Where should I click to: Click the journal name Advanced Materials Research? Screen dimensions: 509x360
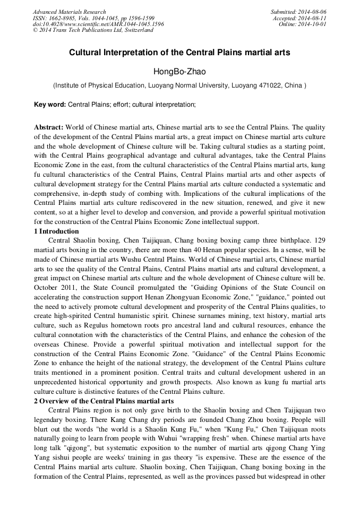click(x=69, y=12)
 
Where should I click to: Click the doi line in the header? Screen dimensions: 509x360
click(x=98, y=24)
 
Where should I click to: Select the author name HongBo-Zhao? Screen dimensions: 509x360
click(x=179, y=71)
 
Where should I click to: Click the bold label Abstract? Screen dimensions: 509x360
click(x=48, y=128)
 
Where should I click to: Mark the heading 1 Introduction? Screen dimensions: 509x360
click(x=56, y=231)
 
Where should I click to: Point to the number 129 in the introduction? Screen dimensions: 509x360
click(x=319, y=240)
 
